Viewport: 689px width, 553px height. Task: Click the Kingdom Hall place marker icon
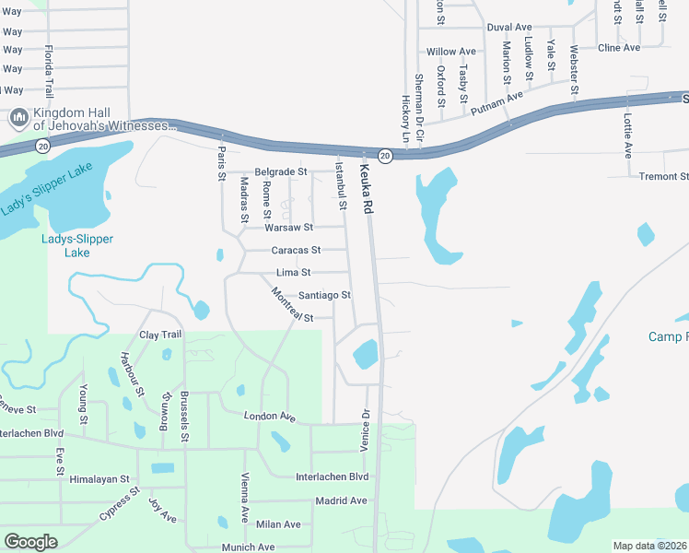[x=18, y=118]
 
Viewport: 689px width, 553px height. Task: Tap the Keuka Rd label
[x=365, y=189]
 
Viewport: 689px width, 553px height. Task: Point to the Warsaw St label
[x=288, y=227]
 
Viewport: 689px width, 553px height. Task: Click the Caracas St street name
[x=295, y=250]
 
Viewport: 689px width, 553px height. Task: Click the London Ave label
[x=269, y=417]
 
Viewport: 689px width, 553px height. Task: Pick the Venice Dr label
[x=366, y=430]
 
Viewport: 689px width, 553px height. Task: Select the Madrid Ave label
[x=340, y=500]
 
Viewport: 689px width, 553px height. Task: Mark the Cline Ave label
[x=618, y=47]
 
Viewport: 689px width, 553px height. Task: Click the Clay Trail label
[x=160, y=334]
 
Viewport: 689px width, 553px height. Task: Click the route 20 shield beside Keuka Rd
[x=386, y=156]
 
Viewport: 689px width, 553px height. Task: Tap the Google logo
[x=31, y=542]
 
